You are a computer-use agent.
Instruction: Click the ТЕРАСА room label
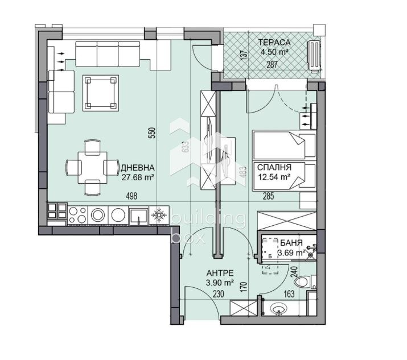click(274, 43)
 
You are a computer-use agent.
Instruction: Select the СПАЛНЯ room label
click(274, 168)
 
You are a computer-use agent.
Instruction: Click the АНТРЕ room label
click(219, 272)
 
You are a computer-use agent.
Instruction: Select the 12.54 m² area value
click(274, 177)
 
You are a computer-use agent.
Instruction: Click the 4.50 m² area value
click(274, 52)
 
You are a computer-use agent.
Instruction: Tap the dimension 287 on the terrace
click(273, 64)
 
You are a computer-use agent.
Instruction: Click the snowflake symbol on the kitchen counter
click(159, 215)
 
